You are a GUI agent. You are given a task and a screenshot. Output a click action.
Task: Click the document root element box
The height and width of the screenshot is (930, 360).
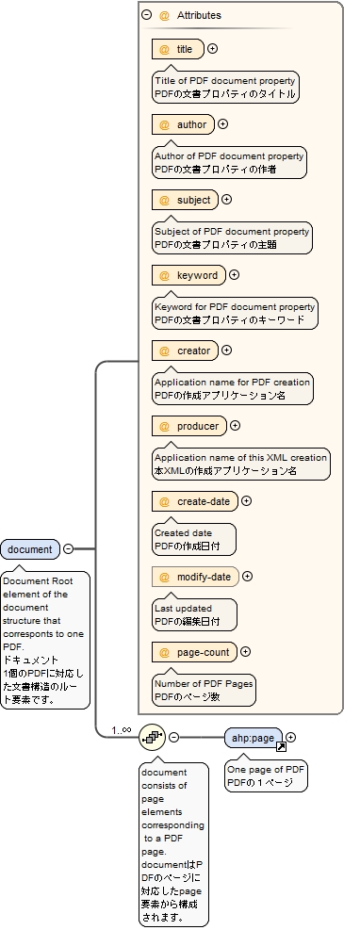[x=30, y=549]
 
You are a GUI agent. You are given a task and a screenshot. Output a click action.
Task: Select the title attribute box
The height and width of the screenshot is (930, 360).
[x=177, y=49]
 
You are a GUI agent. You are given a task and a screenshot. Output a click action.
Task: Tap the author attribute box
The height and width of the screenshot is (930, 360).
[x=182, y=124]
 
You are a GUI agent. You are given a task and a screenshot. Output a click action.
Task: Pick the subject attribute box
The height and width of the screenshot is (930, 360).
[x=184, y=200]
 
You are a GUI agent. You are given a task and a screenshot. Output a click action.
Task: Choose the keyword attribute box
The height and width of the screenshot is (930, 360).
[x=188, y=275]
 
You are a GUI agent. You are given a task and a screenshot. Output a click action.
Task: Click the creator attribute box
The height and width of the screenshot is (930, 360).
[x=185, y=351]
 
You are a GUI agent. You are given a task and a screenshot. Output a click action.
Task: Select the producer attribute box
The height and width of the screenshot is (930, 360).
[x=188, y=426]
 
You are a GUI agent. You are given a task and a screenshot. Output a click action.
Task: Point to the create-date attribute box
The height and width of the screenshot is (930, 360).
[x=194, y=501]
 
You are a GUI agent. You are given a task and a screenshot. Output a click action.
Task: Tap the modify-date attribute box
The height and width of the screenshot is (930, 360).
[x=194, y=577]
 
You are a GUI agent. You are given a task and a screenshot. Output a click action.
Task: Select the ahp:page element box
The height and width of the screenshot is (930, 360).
[x=254, y=738]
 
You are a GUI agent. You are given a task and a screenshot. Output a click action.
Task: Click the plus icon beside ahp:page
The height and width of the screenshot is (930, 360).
[x=291, y=738]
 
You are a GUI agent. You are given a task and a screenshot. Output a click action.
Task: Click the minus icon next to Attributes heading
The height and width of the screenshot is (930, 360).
[x=146, y=15]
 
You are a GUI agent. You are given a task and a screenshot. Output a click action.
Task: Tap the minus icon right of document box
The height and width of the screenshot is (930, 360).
[x=68, y=549]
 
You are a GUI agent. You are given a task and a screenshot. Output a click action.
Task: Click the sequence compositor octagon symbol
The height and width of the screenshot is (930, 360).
[x=152, y=737]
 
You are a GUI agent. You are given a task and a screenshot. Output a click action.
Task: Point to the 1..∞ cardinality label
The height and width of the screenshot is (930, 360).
[x=121, y=729]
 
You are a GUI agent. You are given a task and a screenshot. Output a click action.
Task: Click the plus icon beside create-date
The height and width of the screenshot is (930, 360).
[x=247, y=501]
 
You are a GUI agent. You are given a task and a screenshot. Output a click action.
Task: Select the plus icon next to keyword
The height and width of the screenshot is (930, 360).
[x=234, y=275]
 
